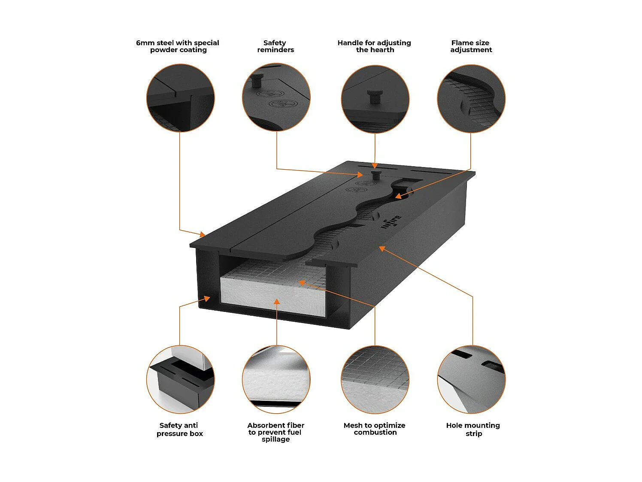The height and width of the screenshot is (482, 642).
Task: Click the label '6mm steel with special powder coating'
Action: click(x=178, y=46)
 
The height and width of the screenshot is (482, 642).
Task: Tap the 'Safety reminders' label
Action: click(x=275, y=46)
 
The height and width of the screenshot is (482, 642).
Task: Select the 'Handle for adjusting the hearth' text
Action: click(x=374, y=46)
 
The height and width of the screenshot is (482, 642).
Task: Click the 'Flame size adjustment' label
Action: click(x=471, y=46)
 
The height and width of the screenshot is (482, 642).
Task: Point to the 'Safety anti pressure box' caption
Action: click(x=179, y=429)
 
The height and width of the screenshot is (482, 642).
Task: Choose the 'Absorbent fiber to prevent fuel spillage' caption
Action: click(x=276, y=432)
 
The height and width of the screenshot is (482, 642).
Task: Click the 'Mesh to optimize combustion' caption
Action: click(x=375, y=429)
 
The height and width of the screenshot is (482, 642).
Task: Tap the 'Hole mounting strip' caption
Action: click(x=473, y=429)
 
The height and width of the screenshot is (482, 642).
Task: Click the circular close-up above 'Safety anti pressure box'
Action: click(x=181, y=379)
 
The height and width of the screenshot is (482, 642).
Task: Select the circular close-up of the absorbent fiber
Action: click(x=276, y=379)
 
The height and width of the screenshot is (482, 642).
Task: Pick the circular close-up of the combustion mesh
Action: click(x=375, y=379)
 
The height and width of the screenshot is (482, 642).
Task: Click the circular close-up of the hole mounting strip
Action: click(x=471, y=379)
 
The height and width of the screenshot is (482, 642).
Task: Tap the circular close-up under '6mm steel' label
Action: click(x=181, y=98)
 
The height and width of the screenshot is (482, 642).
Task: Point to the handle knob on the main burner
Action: click(x=376, y=174)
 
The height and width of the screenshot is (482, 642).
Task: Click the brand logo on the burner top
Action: click(x=392, y=221)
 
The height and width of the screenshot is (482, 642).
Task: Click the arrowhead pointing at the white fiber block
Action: click(x=277, y=302)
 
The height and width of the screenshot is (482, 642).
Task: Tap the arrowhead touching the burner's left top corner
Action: click(x=202, y=235)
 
